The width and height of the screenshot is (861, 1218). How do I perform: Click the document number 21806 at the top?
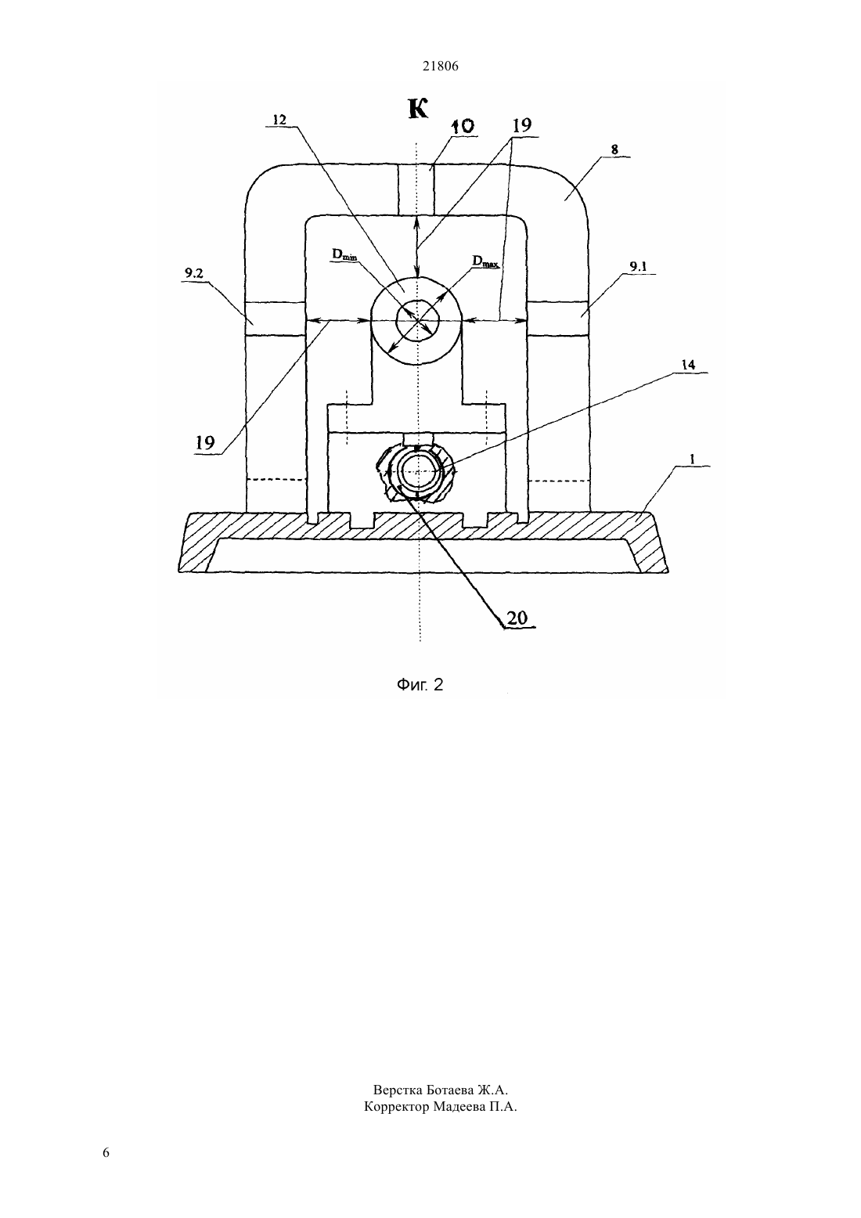pos(440,67)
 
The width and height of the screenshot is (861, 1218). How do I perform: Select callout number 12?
pos(279,121)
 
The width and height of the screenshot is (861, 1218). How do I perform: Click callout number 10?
pos(463,127)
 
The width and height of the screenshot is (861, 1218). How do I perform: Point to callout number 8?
pos(614,150)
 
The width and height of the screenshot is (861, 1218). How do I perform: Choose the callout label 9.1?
pos(638,267)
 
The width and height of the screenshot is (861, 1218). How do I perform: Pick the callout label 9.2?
pos(193,273)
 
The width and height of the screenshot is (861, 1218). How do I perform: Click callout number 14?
pos(688,366)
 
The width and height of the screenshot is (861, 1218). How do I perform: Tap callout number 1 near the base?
pos(692,459)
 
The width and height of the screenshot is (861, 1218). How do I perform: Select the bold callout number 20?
pos(517,618)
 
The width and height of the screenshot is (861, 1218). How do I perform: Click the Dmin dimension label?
pos(344,254)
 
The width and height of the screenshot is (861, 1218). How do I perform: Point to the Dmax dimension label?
pos(485,261)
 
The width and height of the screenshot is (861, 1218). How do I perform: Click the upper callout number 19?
pos(521,125)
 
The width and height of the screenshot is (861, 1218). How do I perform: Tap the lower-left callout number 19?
pos(205,443)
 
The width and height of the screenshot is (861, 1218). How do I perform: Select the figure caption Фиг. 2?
pos(420,685)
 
